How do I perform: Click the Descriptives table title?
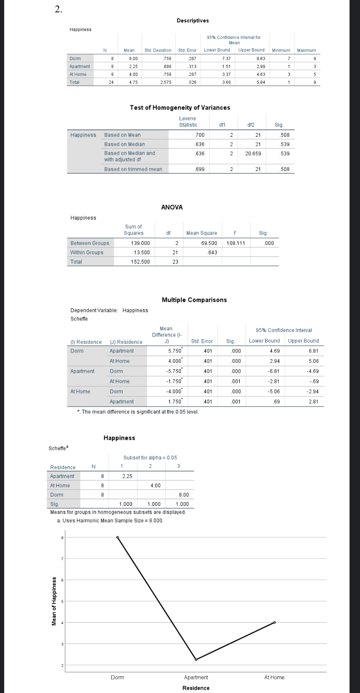point(193,21)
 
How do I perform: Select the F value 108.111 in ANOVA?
point(236,243)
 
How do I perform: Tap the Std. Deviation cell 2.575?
point(166,82)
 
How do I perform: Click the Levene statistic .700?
point(199,135)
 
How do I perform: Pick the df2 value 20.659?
point(253,153)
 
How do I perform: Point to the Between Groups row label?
point(90,243)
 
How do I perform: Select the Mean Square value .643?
point(212,252)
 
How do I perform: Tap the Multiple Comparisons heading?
point(194,300)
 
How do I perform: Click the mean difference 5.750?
point(174,351)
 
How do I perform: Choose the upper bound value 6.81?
point(313,351)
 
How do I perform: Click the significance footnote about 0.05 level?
point(138,412)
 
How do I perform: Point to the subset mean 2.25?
point(127,476)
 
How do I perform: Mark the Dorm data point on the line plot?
point(118,537)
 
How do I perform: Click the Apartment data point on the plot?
point(196,660)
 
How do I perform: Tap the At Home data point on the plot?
point(275,622)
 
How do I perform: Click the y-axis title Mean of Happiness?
point(54,601)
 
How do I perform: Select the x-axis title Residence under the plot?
point(196,688)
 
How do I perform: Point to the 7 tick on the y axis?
point(62,559)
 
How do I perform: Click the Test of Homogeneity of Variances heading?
point(180,107)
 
